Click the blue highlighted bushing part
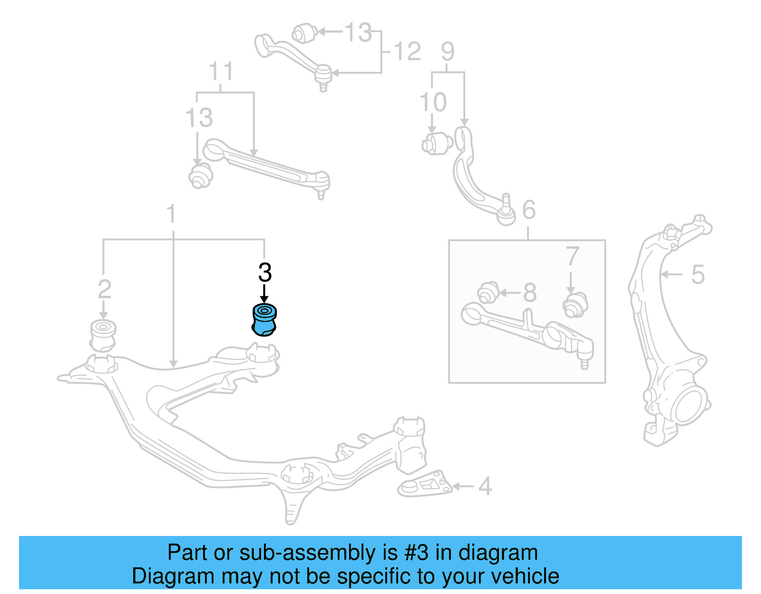coord(264,320)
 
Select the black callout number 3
coord(265,273)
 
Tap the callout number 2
coord(104,290)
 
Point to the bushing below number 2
coord(103,335)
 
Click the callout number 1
coord(171,214)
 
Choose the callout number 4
coord(485,486)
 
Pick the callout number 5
coord(698,274)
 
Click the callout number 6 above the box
coord(529,210)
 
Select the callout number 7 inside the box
coord(572,256)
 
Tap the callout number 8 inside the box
coord(530,292)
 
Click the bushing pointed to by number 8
coord(488,292)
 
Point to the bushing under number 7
coord(575,305)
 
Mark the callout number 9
coord(448,51)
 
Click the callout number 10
coord(433,102)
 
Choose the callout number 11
coord(221,72)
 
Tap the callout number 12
coord(407,51)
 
